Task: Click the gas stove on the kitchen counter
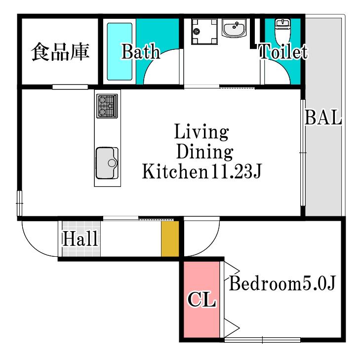[107, 106]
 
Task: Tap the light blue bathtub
[120, 51]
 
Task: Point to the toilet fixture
[282, 32]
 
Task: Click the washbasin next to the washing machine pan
[234, 28]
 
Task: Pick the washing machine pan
[204, 32]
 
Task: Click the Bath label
[141, 52]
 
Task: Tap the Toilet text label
[283, 51]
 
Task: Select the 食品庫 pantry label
[60, 52]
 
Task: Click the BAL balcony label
[323, 118]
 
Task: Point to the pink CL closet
[202, 299]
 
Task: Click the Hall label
[80, 239]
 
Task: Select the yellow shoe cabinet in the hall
[170, 239]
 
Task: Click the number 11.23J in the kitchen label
[236, 171]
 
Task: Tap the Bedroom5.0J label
[282, 283]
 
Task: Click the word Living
[201, 131]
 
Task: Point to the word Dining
[205, 152]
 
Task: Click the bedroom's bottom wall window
[262, 340]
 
